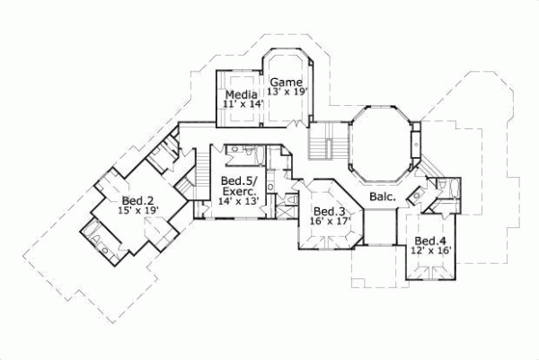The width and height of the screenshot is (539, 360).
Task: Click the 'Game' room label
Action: click(287, 81)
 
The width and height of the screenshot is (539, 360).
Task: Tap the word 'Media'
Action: click(240, 95)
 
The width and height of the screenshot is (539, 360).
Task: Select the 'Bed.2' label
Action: click(135, 199)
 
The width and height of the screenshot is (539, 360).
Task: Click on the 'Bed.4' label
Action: click(429, 241)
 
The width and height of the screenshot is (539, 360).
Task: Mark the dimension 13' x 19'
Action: click(287, 92)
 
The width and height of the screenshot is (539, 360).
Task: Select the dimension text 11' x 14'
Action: click(240, 105)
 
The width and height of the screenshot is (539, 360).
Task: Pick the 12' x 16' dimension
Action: click(429, 250)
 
